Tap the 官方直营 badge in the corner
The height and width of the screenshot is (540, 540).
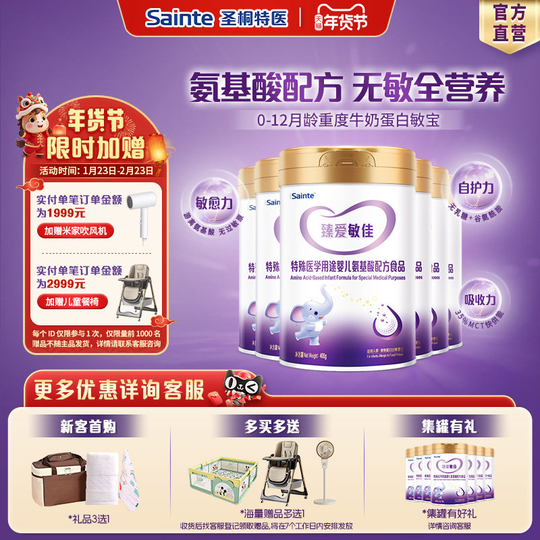click(510, 22)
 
